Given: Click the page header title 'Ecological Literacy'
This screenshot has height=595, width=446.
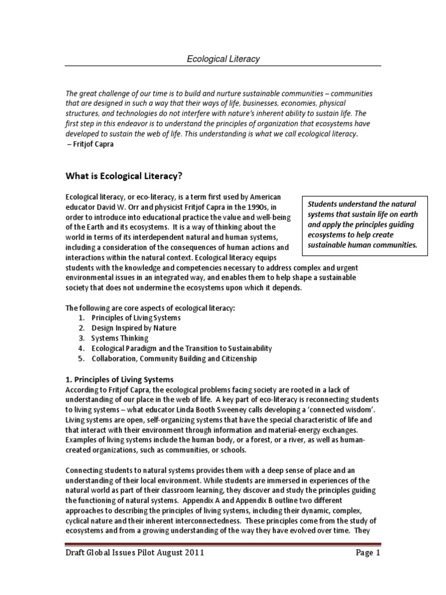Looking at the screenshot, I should (223, 59).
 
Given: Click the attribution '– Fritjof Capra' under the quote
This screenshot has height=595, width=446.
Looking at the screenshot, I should (92, 144).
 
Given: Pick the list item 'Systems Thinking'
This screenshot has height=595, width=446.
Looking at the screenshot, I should (120, 338).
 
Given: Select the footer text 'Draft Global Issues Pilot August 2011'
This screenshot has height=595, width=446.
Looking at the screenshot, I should (135, 553).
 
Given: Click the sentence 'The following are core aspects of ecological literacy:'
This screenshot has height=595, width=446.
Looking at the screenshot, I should (150, 308).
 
